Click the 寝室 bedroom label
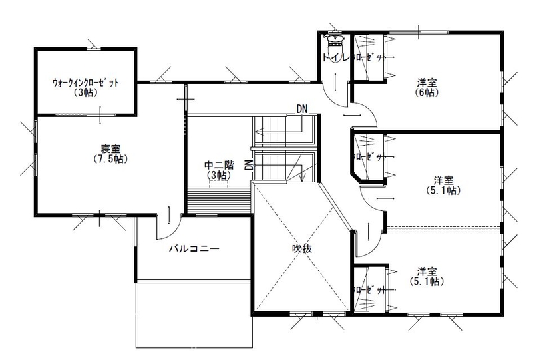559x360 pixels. pyautogui.click(x=111, y=148)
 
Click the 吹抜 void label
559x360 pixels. pyautogui.click(x=302, y=248)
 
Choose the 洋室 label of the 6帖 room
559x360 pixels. pyautogui.click(x=427, y=83)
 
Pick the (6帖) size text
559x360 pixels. pyautogui.click(x=427, y=93)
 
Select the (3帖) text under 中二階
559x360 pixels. pyautogui.click(x=218, y=176)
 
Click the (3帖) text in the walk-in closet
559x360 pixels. pyautogui.click(x=86, y=93)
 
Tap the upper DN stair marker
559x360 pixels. pyautogui.click(x=302, y=108)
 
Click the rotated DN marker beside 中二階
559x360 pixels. pyautogui.click(x=248, y=165)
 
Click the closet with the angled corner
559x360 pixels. pyautogui.click(x=368, y=157)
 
